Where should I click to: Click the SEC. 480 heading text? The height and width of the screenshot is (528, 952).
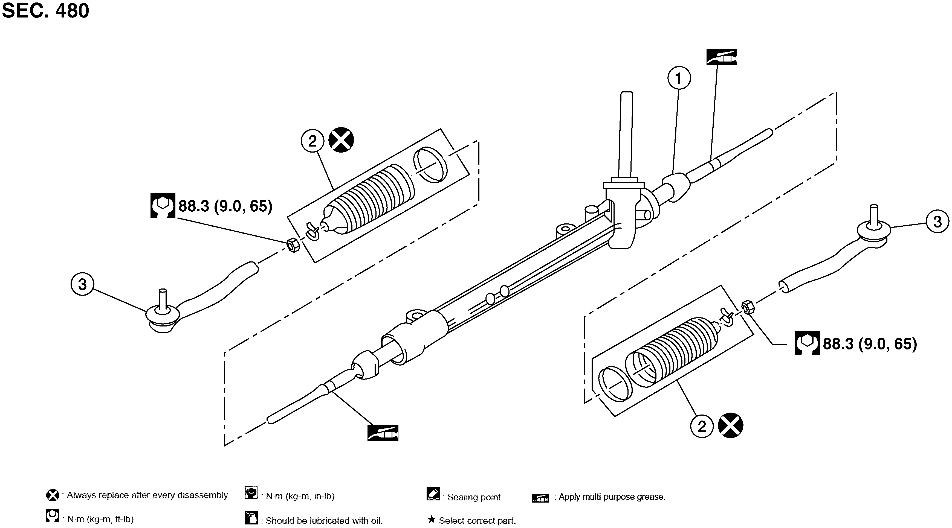[x=45, y=10]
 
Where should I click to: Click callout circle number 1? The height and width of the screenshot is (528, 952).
[x=679, y=78]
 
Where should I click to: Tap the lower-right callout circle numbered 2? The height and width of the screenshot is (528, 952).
[x=701, y=427]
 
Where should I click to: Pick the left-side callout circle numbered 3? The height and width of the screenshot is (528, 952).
[x=82, y=284]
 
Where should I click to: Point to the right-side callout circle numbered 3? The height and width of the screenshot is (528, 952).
[x=937, y=221]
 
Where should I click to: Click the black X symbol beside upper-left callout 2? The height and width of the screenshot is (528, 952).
[x=341, y=140]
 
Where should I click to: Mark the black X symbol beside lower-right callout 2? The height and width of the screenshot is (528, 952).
[x=730, y=426]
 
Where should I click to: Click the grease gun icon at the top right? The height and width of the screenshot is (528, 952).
[x=721, y=57]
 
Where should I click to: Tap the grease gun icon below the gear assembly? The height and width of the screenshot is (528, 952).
[x=383, y=433]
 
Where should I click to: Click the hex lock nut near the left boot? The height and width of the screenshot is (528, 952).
[x=293, y=244]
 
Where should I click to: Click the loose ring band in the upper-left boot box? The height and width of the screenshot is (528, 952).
[x=430, y=164]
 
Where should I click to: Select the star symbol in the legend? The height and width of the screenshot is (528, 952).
[x=431, y=520]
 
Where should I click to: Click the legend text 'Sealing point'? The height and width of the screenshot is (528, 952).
[x=473, y=497]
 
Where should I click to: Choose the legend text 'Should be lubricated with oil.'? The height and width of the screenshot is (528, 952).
[x=324, y=521]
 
